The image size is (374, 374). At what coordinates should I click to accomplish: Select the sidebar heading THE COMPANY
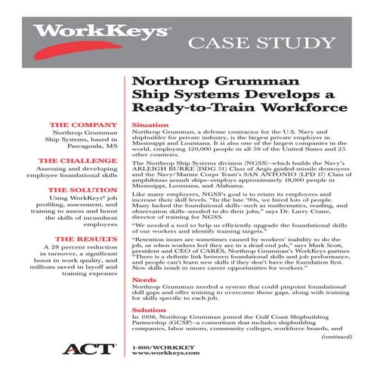point(85,123)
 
